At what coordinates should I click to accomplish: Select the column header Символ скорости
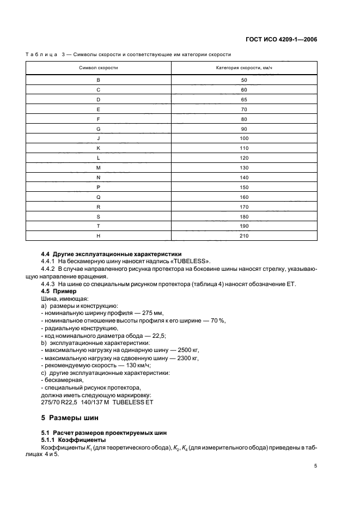click(x=98, y=68)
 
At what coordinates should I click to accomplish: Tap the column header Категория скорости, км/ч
click(x=244, y=68)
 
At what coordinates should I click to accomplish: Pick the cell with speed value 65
click(x=244, y=99)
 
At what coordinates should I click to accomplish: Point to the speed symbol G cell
click(x=98, y=129)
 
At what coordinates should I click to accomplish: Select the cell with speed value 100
click(x=244, y=138)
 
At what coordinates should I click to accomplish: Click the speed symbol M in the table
click(x=98, y=167)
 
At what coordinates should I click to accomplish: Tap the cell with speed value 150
click(x=244, y=187)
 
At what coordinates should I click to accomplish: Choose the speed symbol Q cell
click(x=98, y=197)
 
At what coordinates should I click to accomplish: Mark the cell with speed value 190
click(x=244, y=226)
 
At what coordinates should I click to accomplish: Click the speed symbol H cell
click(x=98, y=235)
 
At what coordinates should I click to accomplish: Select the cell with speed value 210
click(x=244, y=235)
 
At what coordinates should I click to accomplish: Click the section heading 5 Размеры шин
click(x=70, y=418)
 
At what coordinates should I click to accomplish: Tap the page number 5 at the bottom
click(x=315, y=466)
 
